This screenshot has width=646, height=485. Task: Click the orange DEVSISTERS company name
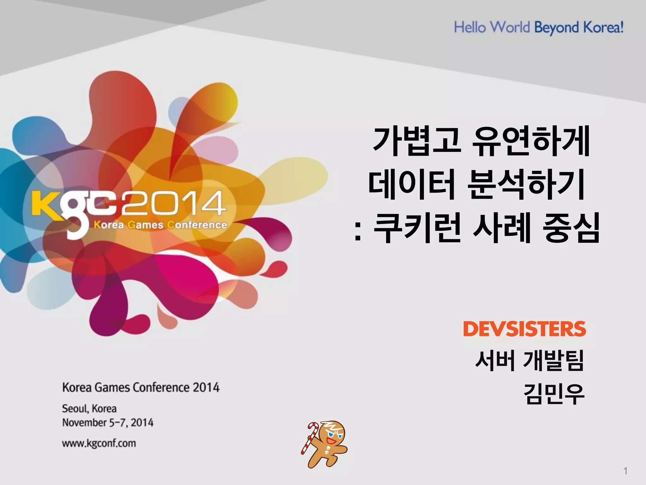pyautogui.click(x=524, y=329)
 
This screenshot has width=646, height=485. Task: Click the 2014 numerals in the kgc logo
pyautogui.click(x=173, y=203)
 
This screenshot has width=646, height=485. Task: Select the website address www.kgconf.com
pyautogui.click(x=99, y=443)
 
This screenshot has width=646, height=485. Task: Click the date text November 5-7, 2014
pyautogui.click(x=108, y=422)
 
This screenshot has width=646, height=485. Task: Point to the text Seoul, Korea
pyautogui.click(x=89, y=409)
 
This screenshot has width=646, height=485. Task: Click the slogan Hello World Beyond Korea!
pyautogui.click(x=539, y=27)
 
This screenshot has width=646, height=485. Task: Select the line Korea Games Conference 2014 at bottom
pyautogui.click(x=141, y=387)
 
